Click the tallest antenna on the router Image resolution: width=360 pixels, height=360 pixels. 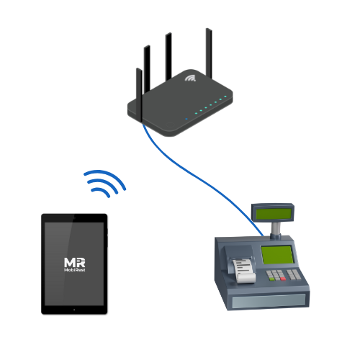click(x=209, y=53)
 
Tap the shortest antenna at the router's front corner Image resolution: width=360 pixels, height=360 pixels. click(x=139, y=95)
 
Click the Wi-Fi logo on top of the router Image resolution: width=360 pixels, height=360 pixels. click(x=190, y=78)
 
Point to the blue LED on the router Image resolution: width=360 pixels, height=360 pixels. click(x=186, y=119)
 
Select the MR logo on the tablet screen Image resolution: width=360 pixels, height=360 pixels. click(x=75, y=262)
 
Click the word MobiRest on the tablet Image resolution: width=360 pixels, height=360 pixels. click(x=75, y=270)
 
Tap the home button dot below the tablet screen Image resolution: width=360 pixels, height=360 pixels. click(x=74, y=310)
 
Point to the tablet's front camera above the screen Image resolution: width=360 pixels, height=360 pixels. click(x=74, y=217)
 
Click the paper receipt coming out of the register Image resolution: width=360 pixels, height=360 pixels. click(x=243, y=270)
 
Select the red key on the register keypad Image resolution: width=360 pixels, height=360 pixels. click(x=283, y=279)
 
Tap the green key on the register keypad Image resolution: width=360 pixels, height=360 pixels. click(x=272, y=279)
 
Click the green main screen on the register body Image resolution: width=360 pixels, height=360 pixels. click(x=277, y=255)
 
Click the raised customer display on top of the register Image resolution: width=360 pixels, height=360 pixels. click(x=273, y=213)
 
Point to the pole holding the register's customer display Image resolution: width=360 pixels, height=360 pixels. click(x=276, y=229)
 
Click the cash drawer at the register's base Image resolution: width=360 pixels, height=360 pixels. click(x=269, y=302)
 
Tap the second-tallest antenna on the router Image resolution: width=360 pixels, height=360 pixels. click(x=168, y=57)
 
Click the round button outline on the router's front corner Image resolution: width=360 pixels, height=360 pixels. click(x=170, y=125)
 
